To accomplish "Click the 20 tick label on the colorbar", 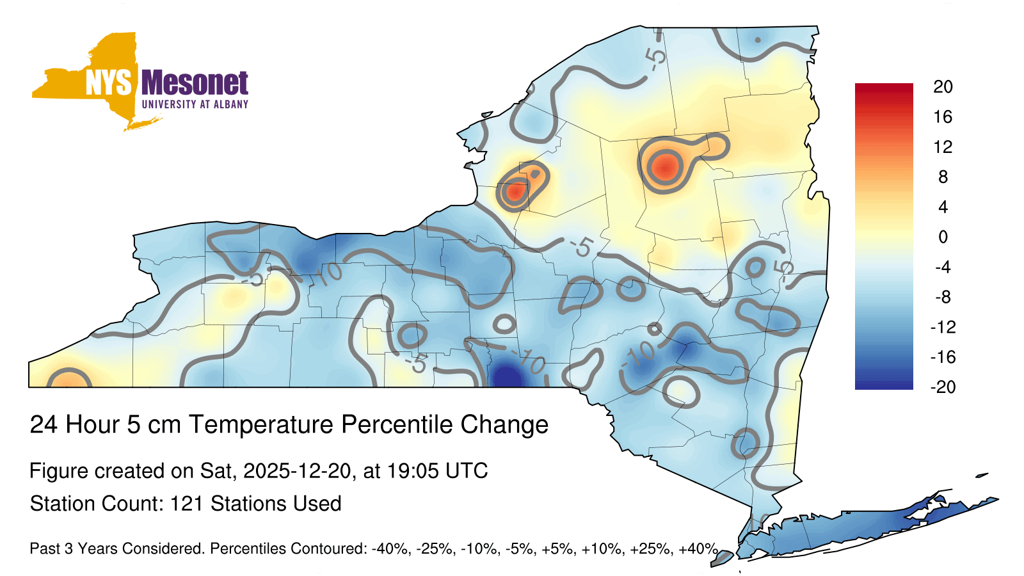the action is coord(943,87).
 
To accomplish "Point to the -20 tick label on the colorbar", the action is coord(943,387).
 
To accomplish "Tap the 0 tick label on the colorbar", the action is coord(943,237).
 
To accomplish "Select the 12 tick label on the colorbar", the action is coord(943,147).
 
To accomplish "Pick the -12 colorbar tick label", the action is coord(943,327).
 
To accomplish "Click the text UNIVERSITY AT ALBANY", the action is coord(195,104).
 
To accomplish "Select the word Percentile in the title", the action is coord(397,424).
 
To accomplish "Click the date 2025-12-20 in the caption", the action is coord(297,470).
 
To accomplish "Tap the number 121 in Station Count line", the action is coord(186,503).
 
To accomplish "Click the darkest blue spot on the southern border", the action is coord(508,377).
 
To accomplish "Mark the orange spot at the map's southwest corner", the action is coord(68,380).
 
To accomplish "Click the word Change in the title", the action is coord(505,424).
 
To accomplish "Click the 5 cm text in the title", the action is coord(154,424).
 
